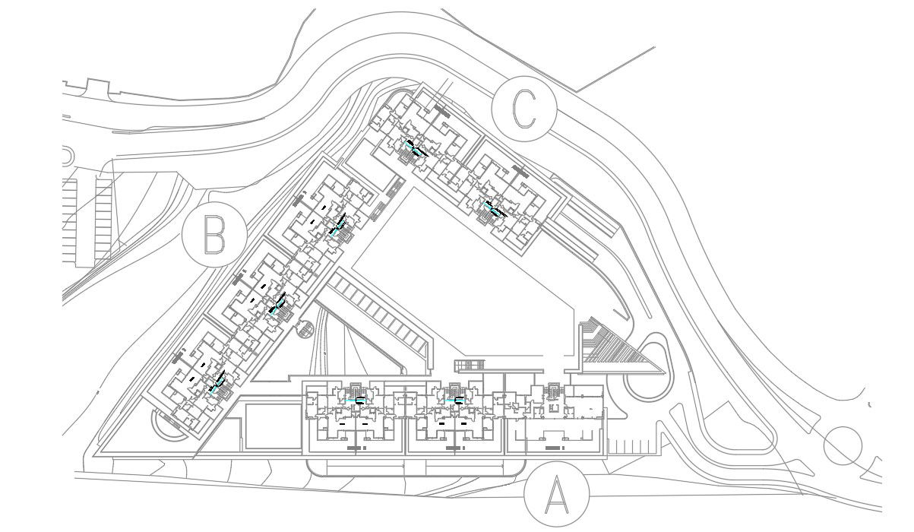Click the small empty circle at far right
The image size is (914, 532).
pos(843,446)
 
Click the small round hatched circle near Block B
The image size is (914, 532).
pos(305,331)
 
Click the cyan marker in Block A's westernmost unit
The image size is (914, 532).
pos(356,400)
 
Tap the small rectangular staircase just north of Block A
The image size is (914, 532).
pos(468,366)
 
